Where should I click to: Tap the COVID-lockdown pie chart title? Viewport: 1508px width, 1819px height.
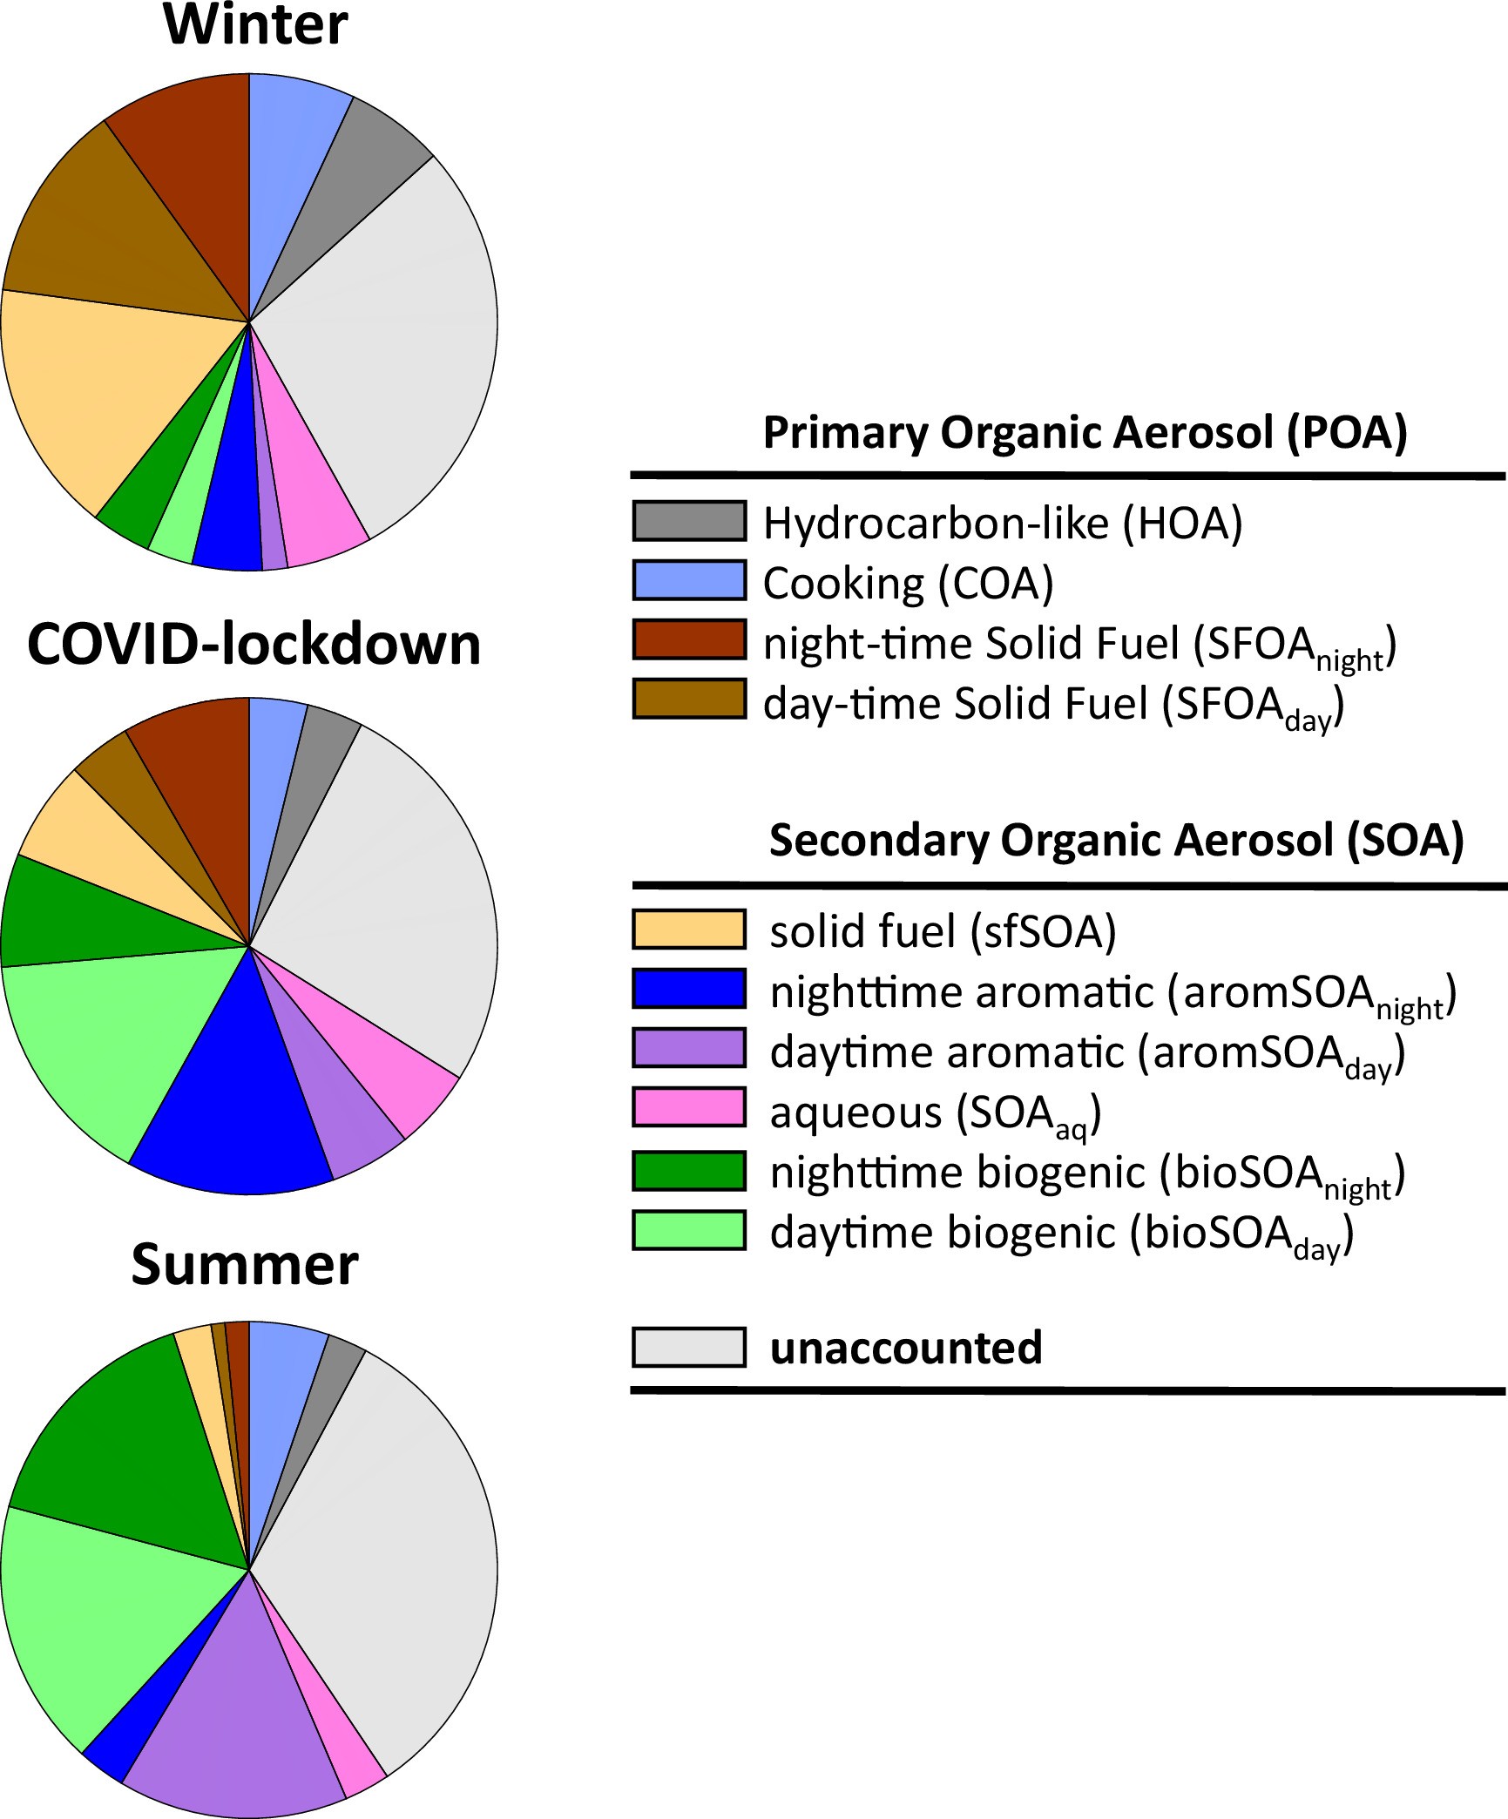tap(254, 645)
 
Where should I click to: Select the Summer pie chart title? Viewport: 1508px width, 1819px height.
tap(245, 1264)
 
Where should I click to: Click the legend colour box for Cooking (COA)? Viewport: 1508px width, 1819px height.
tap(689, 580)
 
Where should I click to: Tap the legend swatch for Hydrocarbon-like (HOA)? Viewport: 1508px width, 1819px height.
tap(689, 521)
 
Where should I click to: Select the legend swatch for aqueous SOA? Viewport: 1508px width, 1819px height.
tap(689, 1107)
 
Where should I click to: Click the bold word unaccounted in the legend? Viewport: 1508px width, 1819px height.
tap(906, 1348)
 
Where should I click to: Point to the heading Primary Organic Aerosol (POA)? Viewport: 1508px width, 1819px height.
tap(1085, 432)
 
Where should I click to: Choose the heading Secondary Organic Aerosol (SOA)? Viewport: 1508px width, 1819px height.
tap(1116, 841)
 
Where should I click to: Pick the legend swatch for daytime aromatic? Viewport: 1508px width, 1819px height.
tap(689, 1047)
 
